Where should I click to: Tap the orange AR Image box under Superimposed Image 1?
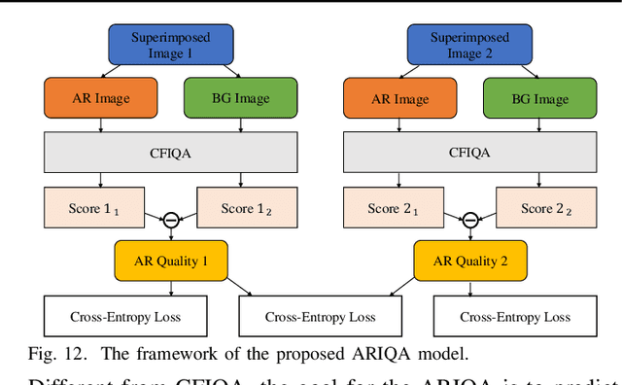[100, 97]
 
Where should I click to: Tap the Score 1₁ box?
[94, 208]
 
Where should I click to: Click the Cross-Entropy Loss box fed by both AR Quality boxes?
[320, 317]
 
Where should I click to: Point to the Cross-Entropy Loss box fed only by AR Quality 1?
[125, 317]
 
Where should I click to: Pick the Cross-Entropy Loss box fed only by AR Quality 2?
[515, 317]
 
